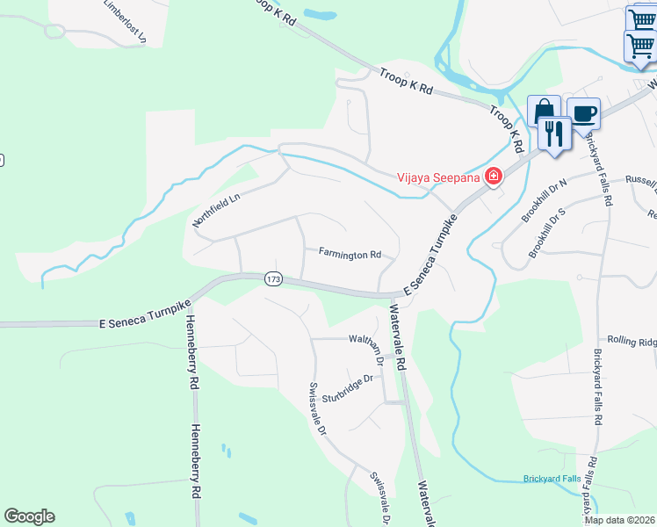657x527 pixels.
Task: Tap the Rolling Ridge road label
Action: [x=631, y=341]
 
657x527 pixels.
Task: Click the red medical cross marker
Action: [x=494, y=177]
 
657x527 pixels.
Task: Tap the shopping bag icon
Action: [x=543, y=111]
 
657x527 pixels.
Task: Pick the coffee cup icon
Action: [x=583, y=113]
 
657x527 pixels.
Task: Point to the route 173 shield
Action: [x=272, y=278]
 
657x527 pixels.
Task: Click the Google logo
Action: [x=29, y=516]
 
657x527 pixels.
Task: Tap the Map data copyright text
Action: [x=619, y=520]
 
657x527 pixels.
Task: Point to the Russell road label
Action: [x=640, y=182]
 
